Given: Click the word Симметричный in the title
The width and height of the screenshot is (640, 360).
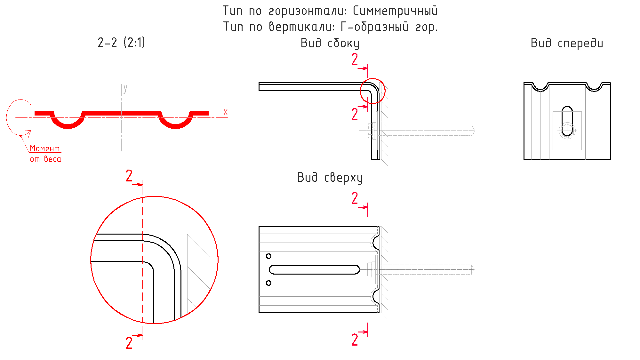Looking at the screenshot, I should [x=395, y=11].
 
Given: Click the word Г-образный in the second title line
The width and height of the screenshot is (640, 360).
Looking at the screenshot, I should [x=374, y=27].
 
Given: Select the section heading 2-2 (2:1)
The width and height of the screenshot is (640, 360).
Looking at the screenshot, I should [x=121, y=43].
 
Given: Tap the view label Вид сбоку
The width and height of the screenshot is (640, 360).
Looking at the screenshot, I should [x=330, y=43].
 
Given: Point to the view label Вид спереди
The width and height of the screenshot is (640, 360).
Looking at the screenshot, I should [x=567, y=43].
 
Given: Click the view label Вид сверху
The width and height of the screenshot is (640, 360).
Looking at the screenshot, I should [x=330, y=178].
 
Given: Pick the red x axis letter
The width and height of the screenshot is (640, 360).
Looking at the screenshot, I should [x=226, y=112].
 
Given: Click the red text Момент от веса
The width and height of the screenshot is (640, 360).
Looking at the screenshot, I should [x=45, y=154].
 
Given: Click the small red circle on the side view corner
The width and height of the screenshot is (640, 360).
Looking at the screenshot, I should [x=372, y=91].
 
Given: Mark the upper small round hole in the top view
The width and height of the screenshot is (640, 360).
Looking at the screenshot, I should [x=268, y=256].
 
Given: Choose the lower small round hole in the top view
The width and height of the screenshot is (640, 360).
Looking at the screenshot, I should [x=268, y=283].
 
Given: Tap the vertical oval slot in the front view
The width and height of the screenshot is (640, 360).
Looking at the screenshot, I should [x=567, y=121].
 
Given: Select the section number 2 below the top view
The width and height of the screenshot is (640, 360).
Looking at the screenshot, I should [x=355, y=340].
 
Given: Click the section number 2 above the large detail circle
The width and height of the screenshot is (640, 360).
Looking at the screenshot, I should [x=129, y=176].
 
